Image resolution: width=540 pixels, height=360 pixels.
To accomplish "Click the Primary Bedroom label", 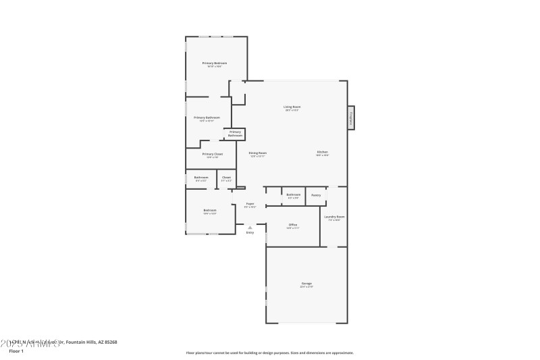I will click(x=215, y=63).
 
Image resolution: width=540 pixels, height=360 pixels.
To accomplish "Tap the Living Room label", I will click(x=292, y=107).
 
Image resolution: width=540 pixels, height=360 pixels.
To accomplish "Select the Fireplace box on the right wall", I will click(x=351, y=117).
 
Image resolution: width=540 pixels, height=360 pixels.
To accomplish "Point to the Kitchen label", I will click(x=323, y=153).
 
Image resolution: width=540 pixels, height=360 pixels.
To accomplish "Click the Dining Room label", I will click(x=258, y=153).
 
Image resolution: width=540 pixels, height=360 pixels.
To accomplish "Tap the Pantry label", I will click(x=316, y=195).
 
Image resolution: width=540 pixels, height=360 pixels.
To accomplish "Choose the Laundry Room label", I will click(x=336, y=217).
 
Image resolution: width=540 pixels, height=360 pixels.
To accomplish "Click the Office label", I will click(x=293, y=225).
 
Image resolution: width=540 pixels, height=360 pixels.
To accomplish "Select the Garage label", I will click(x=306, y=283).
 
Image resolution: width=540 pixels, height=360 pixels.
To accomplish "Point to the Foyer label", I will click(x=250, y=203).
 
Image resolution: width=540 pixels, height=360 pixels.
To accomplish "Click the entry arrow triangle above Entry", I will click(x=250, y=228).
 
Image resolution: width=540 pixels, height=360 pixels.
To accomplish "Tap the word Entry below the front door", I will click(x=250, y=233).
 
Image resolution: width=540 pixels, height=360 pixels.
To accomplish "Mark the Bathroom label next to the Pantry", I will click(x=293, y=195).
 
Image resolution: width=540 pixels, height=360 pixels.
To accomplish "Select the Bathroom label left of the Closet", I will click(x=201, y=178).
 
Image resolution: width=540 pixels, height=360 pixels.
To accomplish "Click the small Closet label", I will click(x=226, y=178).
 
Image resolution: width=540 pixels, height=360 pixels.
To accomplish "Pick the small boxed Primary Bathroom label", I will click(x=235, y=134).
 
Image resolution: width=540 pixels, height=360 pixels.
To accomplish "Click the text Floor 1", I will click(x=16, y=351).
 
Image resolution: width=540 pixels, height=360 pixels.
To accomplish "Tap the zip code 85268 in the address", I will click(x=109, y=342).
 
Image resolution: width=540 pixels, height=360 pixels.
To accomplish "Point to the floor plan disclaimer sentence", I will click(x=269, y=353).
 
